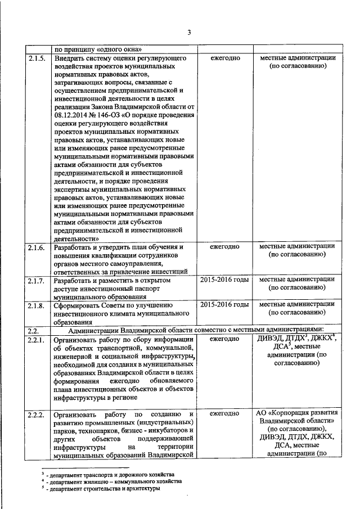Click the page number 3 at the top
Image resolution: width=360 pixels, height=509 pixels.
pos(190,31)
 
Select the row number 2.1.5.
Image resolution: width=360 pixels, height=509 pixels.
pos(36,58)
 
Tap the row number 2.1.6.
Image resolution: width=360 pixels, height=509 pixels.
pos(36,247)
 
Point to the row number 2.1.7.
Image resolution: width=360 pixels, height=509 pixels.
pos(36,279)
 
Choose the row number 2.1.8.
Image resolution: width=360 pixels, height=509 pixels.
pos(36,305)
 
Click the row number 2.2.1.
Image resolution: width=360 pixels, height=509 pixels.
pos(36,339)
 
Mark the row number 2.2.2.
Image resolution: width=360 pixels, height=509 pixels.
pos(36,415)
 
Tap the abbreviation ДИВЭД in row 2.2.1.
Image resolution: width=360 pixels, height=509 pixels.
pos(271,339)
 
